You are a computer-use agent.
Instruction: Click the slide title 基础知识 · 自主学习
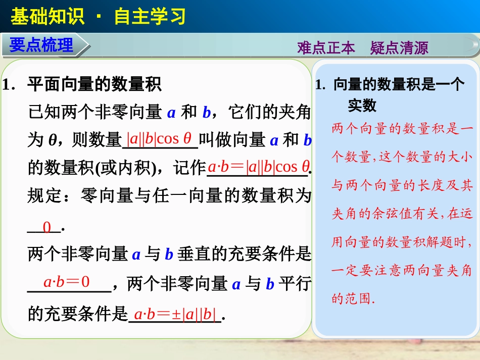click(98, 17)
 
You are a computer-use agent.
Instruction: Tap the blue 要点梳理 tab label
click(41, 45)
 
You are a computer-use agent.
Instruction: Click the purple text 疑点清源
click(399, 48)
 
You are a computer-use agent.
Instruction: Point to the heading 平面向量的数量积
click(94, 84)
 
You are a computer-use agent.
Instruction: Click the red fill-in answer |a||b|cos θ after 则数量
click(160, 138)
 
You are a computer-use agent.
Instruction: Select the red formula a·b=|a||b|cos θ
click(258, 167)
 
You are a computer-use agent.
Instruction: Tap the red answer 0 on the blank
click(46, 227)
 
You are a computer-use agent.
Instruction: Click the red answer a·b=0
click(66, 282)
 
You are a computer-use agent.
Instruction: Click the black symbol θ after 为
click(52, 141)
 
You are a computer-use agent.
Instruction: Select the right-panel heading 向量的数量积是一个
click(399, 85)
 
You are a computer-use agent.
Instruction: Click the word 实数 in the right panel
click(362, 105)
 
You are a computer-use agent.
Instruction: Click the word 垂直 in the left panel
click(194, 254)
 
